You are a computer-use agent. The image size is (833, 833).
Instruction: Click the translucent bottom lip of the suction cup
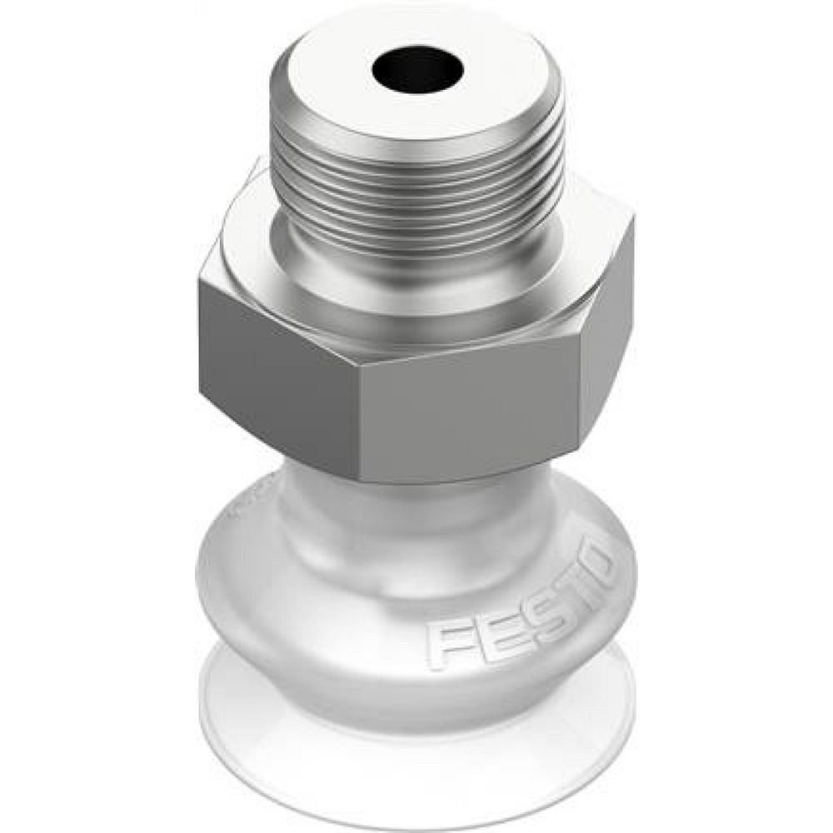pos(416,750)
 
